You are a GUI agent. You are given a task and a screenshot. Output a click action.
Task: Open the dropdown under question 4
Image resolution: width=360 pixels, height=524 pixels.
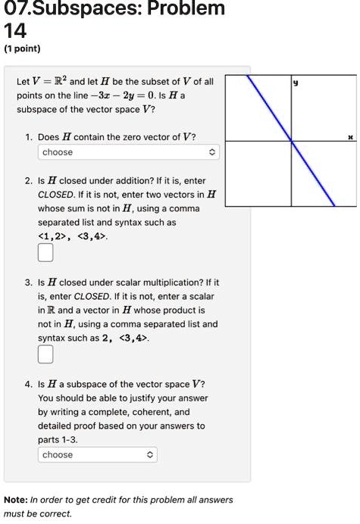point(98,455)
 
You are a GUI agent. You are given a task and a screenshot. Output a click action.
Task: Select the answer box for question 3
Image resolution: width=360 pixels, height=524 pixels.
point(45,353)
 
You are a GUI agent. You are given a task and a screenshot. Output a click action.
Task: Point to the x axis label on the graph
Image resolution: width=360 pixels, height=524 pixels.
point(350,138)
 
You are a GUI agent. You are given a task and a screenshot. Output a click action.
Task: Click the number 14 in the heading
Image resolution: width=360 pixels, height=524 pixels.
point(16,30)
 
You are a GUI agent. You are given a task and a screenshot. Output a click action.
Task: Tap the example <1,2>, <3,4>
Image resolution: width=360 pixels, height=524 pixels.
point(73,235)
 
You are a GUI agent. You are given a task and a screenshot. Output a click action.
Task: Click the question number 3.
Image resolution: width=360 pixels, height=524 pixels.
point(27,280)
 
